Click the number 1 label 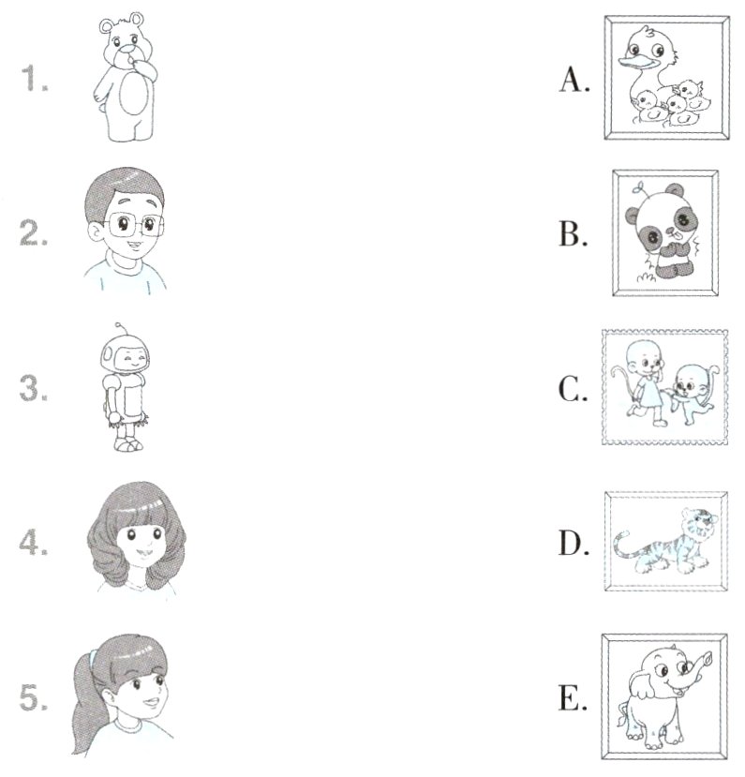tap(34, 79)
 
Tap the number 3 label tap(34, 388)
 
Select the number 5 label tap(34, 697)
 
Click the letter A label tap(574, 80)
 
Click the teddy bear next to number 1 tap(126, 77)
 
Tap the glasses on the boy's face tap(134, 225)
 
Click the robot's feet tap(128, 444)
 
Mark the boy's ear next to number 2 tap(95, 232)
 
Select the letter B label tap(574, 233)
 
